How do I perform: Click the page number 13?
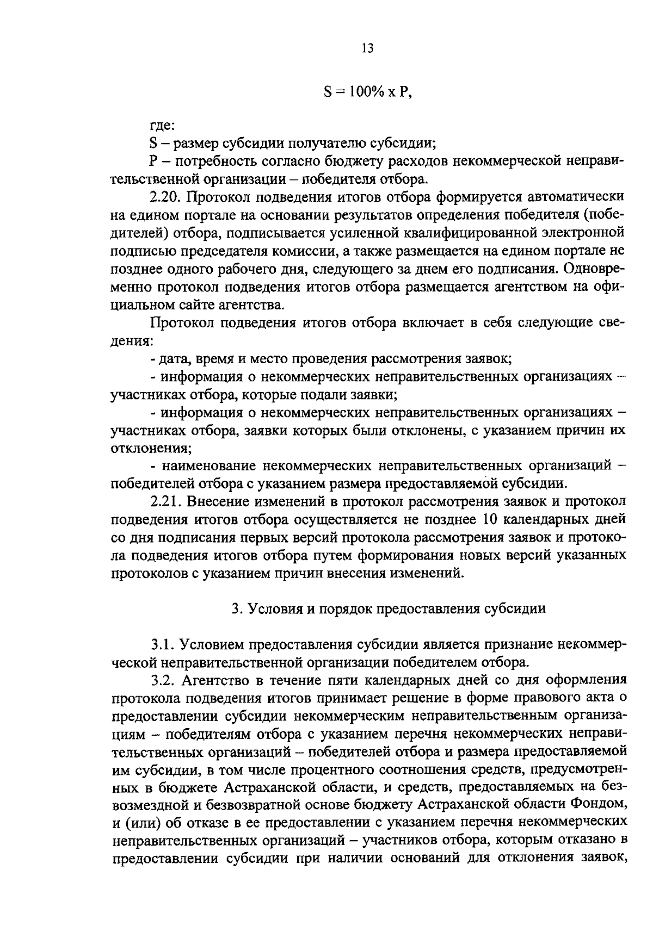click(367, 49)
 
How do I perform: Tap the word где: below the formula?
click(162, 126)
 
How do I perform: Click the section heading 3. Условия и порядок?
click(389, 609)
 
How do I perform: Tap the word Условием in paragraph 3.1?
click(213, 645)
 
